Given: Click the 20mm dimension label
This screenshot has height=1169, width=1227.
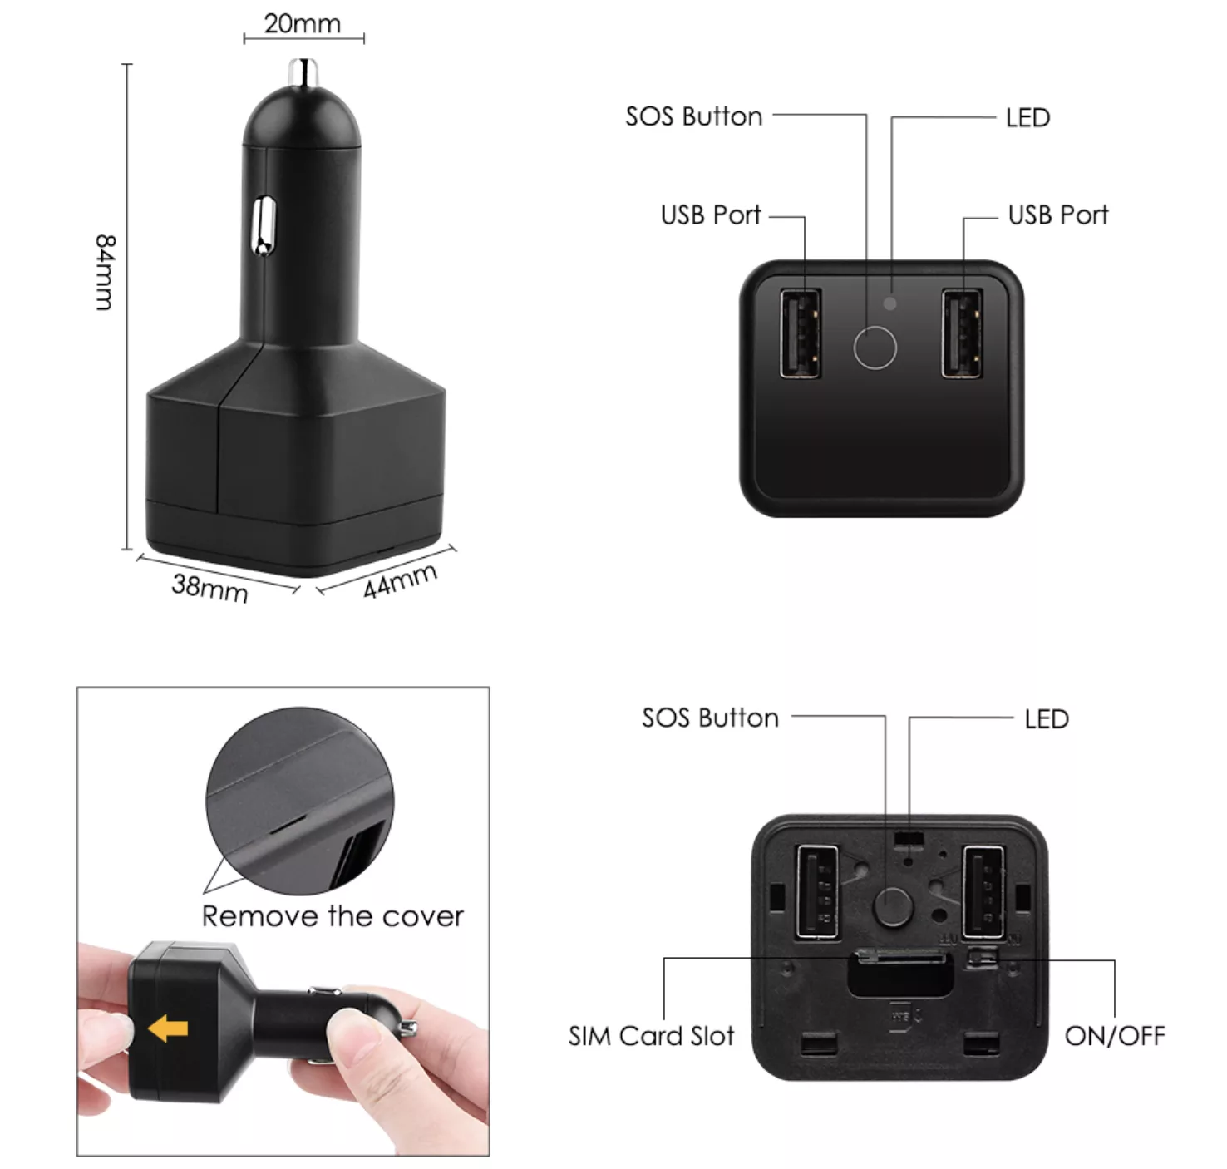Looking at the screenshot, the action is click(x=303, y=24).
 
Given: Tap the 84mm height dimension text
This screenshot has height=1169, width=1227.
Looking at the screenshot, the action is click(x=105, y=272).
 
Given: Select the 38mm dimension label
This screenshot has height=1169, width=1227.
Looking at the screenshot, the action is click(x=209, y=589).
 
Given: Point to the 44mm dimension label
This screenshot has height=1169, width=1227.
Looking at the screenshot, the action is click(x=400, y=580).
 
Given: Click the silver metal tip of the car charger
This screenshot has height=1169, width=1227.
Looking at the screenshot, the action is click(x=303, y=72).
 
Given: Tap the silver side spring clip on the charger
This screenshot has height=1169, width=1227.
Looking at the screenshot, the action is click(x=264, y=225).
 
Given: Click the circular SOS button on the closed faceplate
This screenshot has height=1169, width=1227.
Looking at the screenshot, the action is click(x=875, y=348).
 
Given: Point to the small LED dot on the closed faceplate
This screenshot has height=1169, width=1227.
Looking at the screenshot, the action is click(x=890, y=303).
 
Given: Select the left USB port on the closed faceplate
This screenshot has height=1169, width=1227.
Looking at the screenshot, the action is click(x=800, y=333).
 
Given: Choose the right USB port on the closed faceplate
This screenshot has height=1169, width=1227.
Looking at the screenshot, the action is click(x=962, y=333).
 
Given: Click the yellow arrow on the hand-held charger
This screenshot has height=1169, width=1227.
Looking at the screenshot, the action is click(x=168, y=1028).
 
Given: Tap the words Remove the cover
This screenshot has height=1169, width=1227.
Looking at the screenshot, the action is click(x=333, y=917).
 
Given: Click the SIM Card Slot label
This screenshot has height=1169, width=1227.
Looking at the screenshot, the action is click(x=651, y=1036).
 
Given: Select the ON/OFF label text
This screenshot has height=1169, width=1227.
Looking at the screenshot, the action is click(x=1115, y=1036).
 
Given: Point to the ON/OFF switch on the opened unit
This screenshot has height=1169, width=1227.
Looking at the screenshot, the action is click(x=983, y=957).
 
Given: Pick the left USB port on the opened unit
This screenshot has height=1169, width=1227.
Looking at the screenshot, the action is click(x=817, y=892).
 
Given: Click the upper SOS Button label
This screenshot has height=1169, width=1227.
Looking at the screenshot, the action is click(x=694, y=116).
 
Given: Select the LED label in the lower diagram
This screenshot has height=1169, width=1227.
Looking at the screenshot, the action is click(x=1047, y=718).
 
